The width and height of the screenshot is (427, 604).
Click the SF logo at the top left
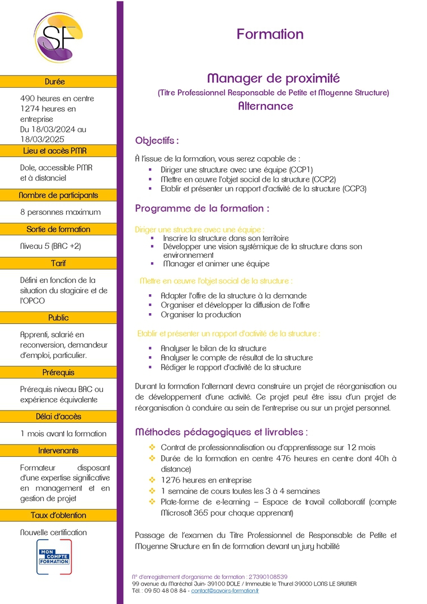58,37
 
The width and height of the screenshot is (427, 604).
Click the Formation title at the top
270,34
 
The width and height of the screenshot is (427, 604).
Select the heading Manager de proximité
273,78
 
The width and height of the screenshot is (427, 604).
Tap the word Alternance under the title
265,106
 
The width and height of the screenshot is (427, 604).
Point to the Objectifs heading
157,140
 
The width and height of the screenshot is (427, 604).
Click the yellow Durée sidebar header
58,82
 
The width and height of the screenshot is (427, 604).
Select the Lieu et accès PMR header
58,151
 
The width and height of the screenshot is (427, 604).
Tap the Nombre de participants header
58,196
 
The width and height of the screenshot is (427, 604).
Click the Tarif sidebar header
58,263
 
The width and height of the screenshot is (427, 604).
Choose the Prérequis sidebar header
58,372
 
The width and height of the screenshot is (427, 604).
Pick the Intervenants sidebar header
58,451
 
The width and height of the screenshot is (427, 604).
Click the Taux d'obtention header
58,515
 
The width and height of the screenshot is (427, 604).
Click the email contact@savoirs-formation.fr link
225,590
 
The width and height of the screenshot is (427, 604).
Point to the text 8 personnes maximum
60,212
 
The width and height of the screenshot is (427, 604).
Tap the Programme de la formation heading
202,209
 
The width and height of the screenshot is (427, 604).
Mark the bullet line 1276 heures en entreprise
206,480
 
